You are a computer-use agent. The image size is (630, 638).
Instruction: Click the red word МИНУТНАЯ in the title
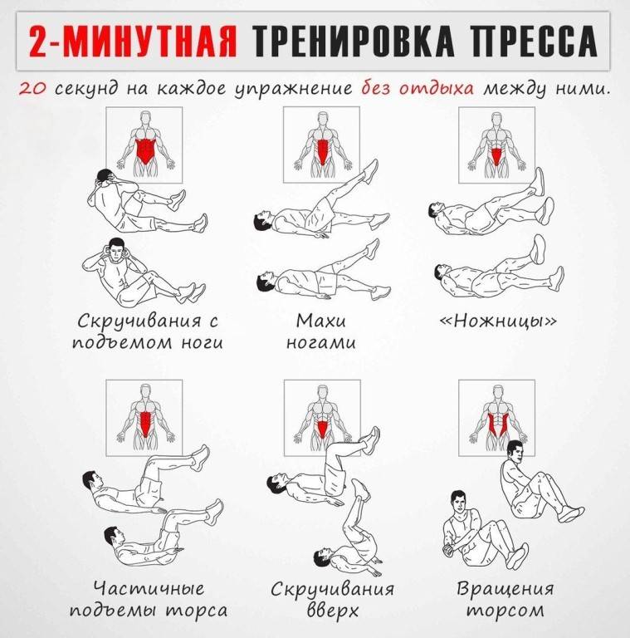tap(150, 41)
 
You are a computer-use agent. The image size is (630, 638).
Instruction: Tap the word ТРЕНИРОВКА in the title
tap(353, 41)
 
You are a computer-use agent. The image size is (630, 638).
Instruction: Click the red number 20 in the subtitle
tap(32, 89)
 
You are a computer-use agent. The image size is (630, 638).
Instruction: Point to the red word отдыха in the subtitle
tap(436, 89)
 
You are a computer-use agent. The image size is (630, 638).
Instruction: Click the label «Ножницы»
tap(497, 321)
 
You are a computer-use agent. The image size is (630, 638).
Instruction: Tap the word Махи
tap(320, 321)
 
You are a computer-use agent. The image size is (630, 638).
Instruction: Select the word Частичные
tap(149, 588)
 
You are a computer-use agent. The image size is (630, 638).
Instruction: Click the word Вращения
tap(505, 588)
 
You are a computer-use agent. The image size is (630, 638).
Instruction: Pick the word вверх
tap(333, 611)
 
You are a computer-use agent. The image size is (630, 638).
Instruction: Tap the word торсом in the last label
tap(505, 611)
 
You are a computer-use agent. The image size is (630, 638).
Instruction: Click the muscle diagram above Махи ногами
tap(321, 145)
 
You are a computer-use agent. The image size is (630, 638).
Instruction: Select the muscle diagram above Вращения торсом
tap(496, 418)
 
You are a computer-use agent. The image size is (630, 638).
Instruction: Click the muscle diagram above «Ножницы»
tap(496, 145)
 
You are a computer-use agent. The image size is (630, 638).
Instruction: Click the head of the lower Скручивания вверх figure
tap(323, 557)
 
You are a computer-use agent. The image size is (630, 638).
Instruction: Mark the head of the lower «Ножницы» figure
tap(442, 272)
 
